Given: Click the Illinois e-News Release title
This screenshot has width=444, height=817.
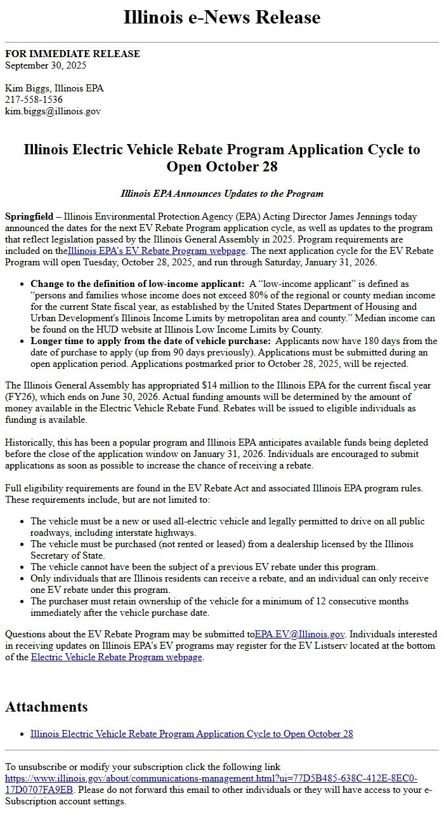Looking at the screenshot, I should tap(222, 17).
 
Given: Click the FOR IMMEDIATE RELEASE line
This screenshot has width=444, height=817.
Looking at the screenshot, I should tap(72, 54).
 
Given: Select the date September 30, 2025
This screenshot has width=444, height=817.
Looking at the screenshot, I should tap(46, 65).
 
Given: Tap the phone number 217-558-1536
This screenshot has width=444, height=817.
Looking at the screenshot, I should tap(34, 100).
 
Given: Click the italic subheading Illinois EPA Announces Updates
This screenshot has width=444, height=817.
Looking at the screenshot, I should tap(222, 194).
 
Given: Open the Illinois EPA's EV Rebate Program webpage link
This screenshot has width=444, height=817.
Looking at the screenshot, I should tap(157, 251).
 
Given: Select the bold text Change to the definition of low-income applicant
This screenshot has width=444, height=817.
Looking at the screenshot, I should tap(138, 283).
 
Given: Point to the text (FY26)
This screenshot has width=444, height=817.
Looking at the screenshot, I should tap(19, 397).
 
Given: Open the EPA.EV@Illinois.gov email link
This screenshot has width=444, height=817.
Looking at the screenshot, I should tap(300, 634).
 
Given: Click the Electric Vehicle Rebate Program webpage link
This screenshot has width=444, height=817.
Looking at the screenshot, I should tap(117, 658).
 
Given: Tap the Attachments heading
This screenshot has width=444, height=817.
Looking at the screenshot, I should tap(46, 707).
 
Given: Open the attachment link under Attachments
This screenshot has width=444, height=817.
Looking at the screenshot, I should tap(192, 734).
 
